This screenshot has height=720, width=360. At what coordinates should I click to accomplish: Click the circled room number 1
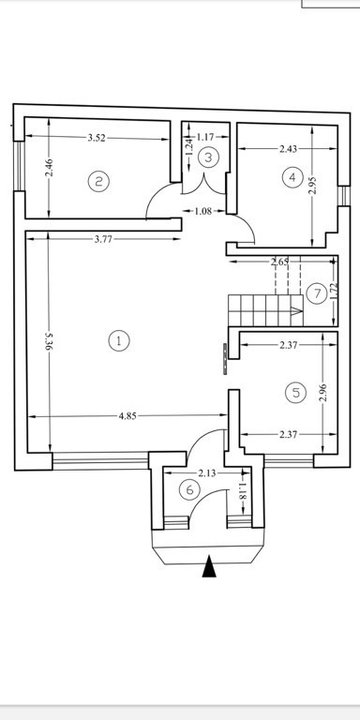pyautogui.click(x=119, y=341)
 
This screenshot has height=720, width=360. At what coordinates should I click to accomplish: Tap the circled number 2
pyautogui.click(x=98, y=181)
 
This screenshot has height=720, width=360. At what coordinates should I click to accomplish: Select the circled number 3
pyautogui.click(x=208, y=157)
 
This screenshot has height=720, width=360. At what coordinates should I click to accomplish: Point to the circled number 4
pyautogui.click(x=292, y=177)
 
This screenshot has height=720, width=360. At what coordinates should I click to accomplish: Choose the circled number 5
pyautogui.click(x=295, y=393)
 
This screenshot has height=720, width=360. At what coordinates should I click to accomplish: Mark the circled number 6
pyautogui.click(x=189, y=490)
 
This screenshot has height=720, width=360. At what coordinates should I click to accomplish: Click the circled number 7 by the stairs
pyautogui.click(x=317, y=292)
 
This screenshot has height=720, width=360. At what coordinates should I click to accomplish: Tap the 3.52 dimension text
pyautogui.click(x=97, y=138)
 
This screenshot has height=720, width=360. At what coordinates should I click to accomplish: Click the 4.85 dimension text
pyautogui.click(x=127, y=416)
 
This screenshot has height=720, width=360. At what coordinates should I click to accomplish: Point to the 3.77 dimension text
pyautogui.click(x=104, y=239)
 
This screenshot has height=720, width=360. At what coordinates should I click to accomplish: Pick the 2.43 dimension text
pyautogui.click(x=289, y=148)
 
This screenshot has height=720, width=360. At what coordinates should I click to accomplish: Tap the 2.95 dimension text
pyautogui.click(x=313, y=185)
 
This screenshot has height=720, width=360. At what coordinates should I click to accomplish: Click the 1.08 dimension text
pyautogui.click(x=203, y=211)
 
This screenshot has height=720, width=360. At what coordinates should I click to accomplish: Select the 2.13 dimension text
pyautogui.click(x=207, y=472)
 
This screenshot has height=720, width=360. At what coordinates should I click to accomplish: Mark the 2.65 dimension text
pyautogui.click(x=279, y=262)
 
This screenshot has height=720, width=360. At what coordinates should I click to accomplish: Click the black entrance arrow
pyautogui.click(x=209, y=565)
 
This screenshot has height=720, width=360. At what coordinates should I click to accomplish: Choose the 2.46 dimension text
pyautogui.click(x=50, y=167)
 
